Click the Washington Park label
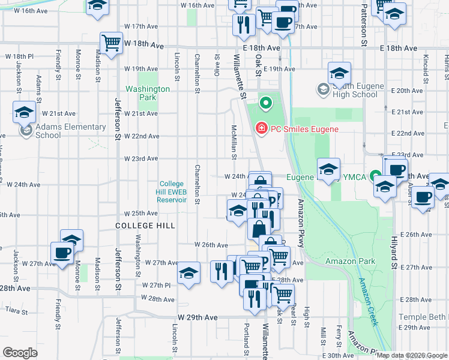point(147,93)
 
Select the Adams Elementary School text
point(66,131)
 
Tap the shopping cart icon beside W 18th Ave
point(111,43)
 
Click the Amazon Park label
point(350,261)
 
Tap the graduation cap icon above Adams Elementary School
point(25,112)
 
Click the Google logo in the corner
point(20,353)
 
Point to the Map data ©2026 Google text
point(412,355)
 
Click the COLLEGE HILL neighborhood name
point(145,226)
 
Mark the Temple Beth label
point(425,316)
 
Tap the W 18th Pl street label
point(18,56)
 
